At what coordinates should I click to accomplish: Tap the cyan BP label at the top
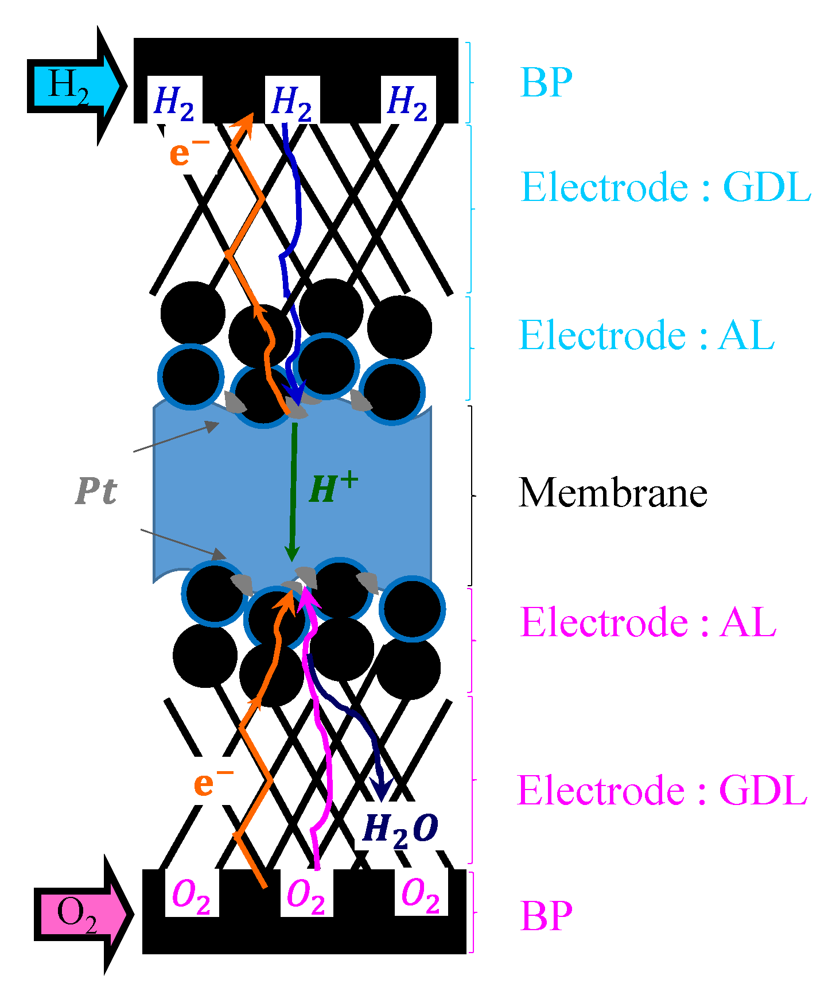[546, 83]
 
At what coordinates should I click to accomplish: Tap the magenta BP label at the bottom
[546, 915]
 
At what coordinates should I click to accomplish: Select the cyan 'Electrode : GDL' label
[666, 187]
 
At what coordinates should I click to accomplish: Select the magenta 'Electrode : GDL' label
[662, 791]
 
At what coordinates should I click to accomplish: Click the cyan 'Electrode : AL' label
[647, 335]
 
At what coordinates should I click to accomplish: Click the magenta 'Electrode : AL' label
[648, 622]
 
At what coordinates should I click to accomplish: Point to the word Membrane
[612, 493]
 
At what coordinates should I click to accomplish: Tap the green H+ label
[333, 489]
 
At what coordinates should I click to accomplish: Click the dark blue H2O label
[400, 830]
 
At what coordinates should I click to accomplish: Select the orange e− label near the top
[188, 152]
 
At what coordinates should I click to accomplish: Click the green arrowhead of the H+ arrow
[292, 554]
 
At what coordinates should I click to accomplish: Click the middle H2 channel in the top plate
[292, 102]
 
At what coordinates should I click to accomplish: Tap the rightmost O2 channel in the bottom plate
[421, 895]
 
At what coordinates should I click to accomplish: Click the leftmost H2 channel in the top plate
[174, 102]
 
